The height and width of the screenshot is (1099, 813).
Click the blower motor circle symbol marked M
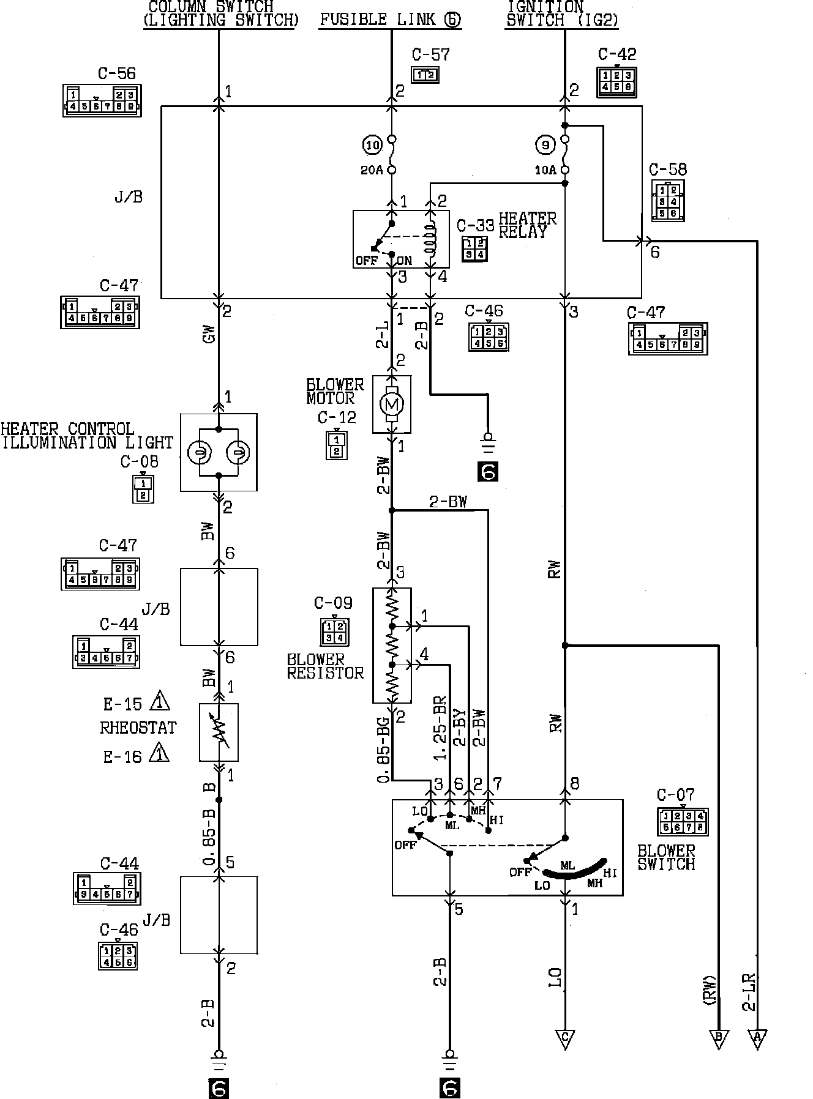point(392,403)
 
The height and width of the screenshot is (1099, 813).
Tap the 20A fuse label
point(372,170)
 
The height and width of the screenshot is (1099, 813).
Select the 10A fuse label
point(545,170)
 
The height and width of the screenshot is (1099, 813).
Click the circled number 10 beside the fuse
point(372,146)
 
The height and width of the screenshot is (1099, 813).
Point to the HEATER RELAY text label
point(527,225)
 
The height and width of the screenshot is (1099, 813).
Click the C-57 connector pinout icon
point(425,75)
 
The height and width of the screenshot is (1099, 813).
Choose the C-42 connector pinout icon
point(616,81)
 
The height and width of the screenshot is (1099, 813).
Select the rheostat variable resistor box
point(219,732)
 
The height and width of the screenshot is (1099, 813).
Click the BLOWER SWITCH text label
point(666,857)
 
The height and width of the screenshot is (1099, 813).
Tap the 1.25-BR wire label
point(440,728)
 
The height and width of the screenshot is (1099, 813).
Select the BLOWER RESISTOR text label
point(325,666)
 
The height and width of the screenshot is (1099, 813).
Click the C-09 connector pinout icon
point(334,632)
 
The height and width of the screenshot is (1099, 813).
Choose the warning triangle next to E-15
point(160,701)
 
